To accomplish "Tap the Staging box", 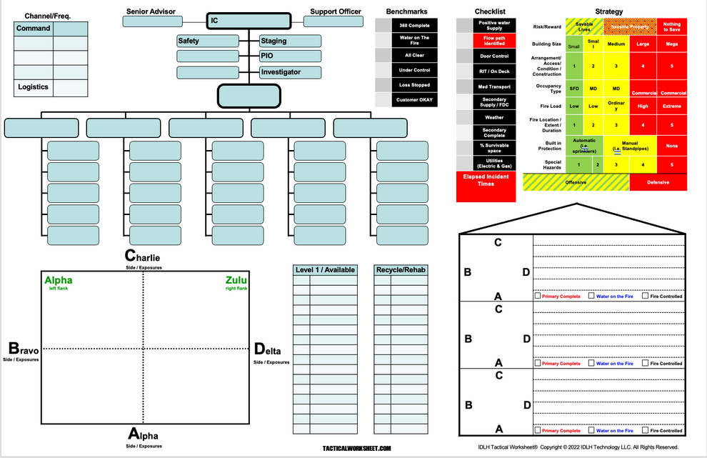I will tap(290, 41).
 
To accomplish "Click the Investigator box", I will tap(290, 72).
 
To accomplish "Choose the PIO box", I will tap(290, 56).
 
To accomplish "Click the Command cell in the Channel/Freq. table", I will tap(33, 29).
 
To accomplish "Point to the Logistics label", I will tap(33, 87).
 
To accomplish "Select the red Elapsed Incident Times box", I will tap(486, 179).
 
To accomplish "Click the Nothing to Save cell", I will tap(671, 27).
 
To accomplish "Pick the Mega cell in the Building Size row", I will tap(671, 44).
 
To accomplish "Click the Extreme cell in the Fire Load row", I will tap(671, 106).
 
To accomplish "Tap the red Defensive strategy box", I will tap(658, 182).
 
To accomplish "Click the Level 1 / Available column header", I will tap(325, 269).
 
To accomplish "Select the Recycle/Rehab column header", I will tap(401, 269).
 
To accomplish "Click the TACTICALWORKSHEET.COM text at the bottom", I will tap(357, 448).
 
